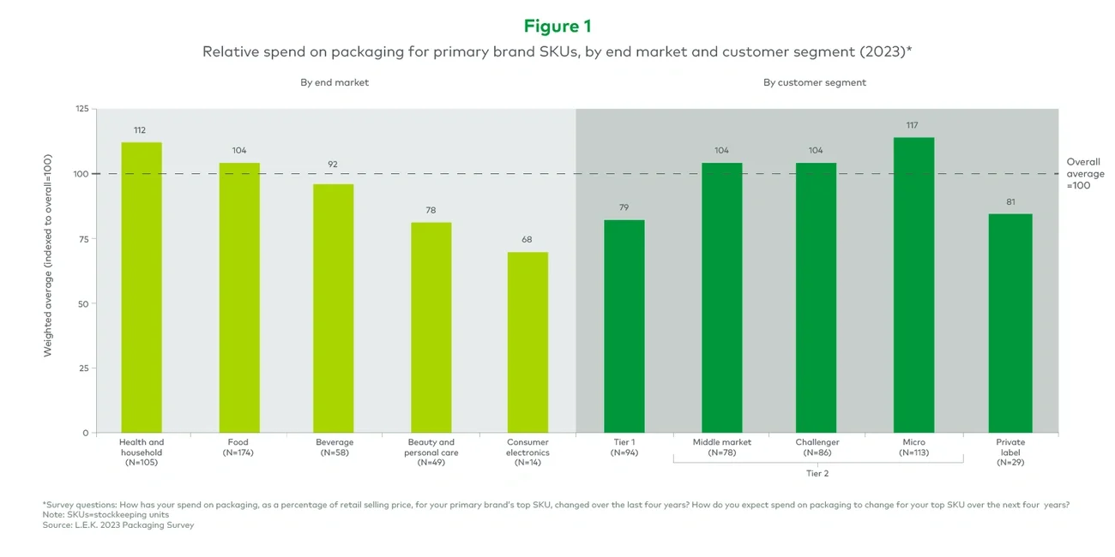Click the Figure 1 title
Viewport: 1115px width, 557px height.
557,26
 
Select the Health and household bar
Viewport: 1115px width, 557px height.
142,287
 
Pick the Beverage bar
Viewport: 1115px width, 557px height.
334,308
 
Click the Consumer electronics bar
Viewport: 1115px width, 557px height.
527,343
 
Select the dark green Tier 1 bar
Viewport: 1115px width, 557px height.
624,326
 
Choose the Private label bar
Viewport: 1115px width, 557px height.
1010,323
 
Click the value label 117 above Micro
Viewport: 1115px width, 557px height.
913,125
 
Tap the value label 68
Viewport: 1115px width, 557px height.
527,240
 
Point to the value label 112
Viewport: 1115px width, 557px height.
140,130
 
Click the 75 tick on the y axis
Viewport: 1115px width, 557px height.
83,239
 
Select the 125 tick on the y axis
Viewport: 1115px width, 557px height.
81,109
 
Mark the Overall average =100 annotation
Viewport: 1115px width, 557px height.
1083,173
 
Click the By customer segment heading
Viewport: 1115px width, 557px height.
814,82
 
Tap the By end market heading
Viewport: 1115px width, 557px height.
334,82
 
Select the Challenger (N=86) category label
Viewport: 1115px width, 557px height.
817,447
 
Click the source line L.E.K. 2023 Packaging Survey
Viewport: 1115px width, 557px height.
118,524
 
